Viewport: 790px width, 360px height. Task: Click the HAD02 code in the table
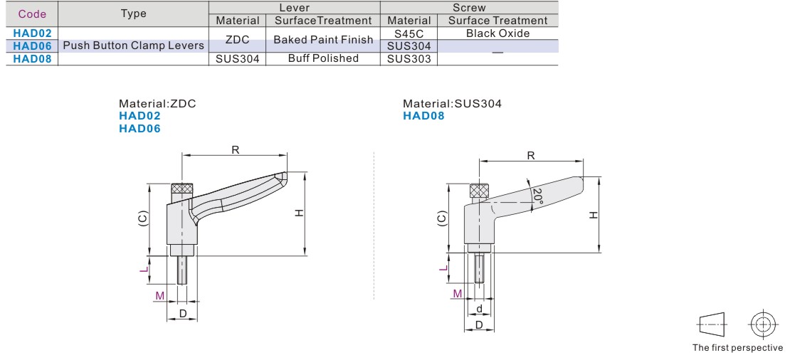[x=33, y=33]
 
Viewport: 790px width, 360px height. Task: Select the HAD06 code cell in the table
[x=33, y=46]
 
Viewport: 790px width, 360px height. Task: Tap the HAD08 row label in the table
[x=33, y=59]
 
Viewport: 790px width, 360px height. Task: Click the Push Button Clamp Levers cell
[x=134, y=46]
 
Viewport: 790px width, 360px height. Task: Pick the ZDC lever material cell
[x=237, y=40]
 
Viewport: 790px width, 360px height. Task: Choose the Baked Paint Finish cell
[x=323, y=40]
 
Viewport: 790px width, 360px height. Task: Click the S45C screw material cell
[x=409, y=33]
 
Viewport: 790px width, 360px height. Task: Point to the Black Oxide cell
[x=497, y=33]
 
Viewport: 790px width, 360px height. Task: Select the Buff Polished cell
[x=323, y=58]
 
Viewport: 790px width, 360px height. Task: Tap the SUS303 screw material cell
[x=409, y=59]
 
